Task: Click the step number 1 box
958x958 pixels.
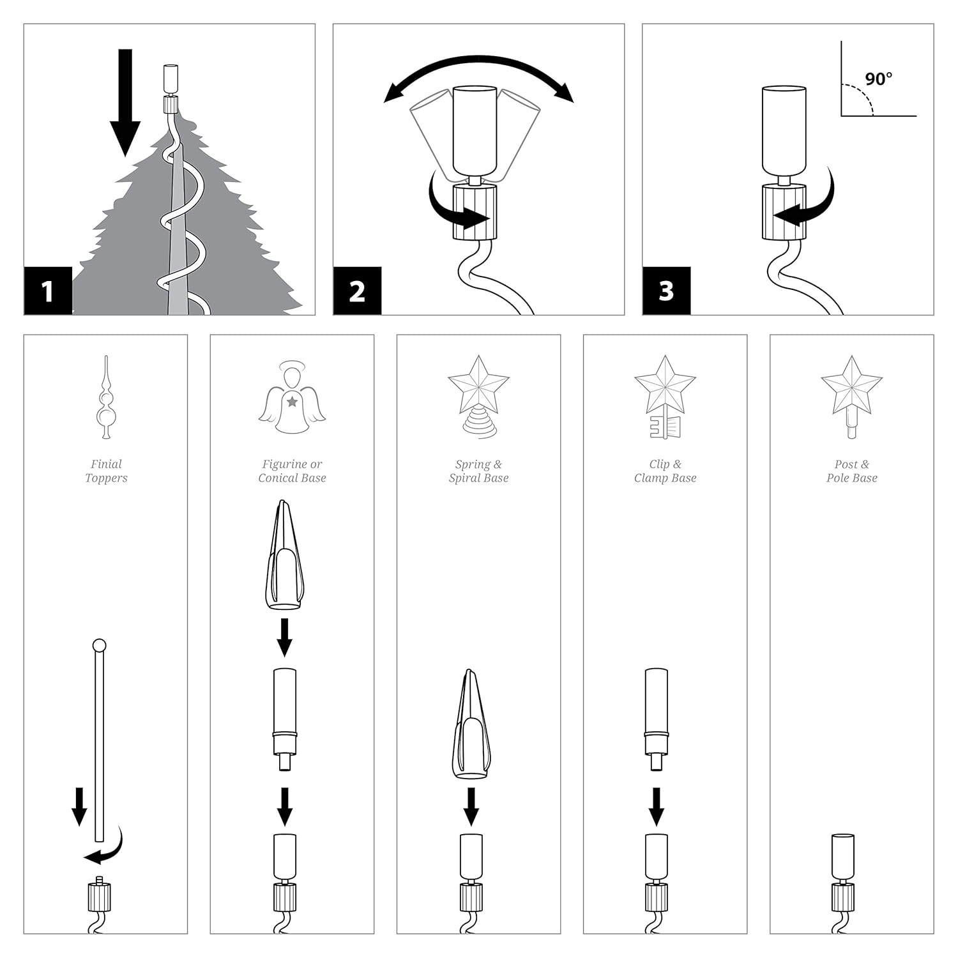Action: click(x=48, y=291)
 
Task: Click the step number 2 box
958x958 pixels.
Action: click(x=357, y=291)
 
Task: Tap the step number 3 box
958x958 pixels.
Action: click(x=666, y=291)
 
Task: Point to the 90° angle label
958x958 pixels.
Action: click(x=878, y=79)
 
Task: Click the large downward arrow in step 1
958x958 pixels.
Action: click(x=125, y=102)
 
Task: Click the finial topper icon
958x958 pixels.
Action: click(x=106, y=397)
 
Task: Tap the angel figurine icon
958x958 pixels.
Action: click(x=292, y=397)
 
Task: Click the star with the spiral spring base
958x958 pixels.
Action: click(x=478, y=396)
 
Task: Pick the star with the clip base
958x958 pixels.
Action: click(x=665, y=396)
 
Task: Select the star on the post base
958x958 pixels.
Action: click(x=851, y=396)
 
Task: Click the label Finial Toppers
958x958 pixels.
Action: click(x=106, y=471)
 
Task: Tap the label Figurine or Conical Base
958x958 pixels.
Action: click(x=292, y=471)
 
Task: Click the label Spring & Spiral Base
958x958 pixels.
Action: click(x=478, y=471)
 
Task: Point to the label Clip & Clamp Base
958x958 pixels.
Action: click(x=665, y=471)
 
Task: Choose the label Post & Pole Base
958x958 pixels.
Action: click(x=851, y=471)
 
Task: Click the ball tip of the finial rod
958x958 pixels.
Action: click(x=99, y=645)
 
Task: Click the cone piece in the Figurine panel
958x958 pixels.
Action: click(x=284, y=556)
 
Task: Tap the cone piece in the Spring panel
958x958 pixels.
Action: click(x=471, y=725)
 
